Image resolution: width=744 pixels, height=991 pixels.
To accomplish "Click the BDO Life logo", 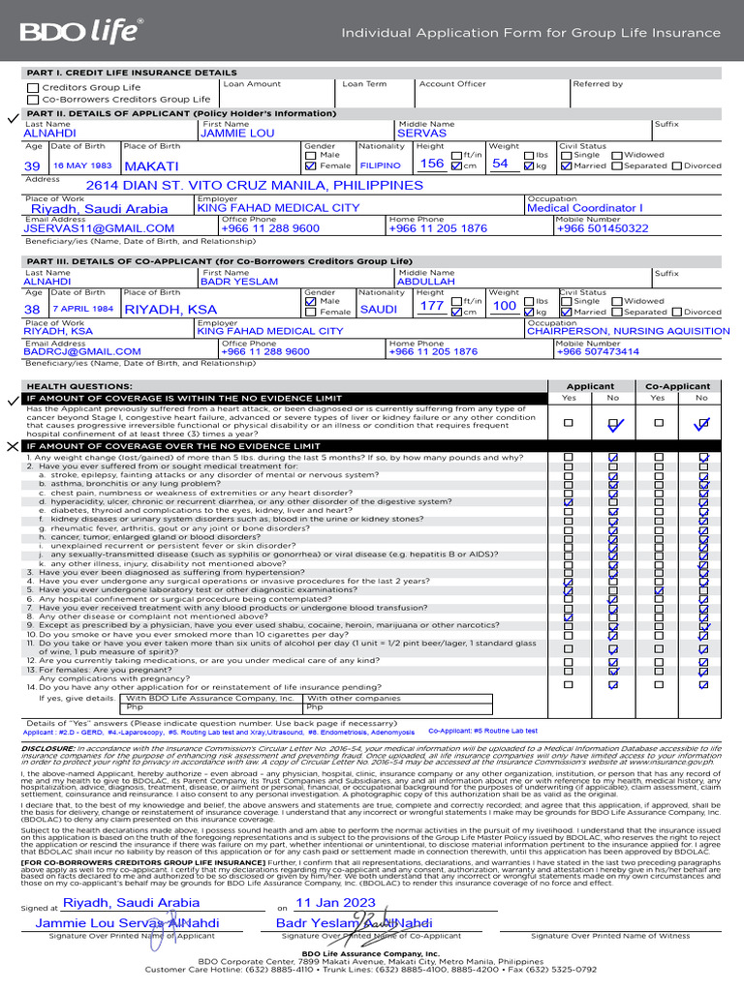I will pyautogui.click(x=82, y=33).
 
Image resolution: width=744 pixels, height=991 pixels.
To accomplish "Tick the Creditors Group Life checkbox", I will pyautogui.click(x=34, y=87).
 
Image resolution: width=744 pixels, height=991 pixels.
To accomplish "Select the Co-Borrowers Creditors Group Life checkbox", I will pyautogui.click(x=34, y=99).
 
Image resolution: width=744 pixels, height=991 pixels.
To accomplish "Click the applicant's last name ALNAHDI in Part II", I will pyautogui.click(x=49, y=134).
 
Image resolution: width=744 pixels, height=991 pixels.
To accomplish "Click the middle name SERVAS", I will pyautogui.click(x=421, y=134).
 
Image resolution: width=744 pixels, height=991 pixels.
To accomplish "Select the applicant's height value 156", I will pyautogui.click(x=431, y=165).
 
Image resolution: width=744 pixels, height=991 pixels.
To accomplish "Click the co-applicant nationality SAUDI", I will pyautogui.click(x=379, y=309).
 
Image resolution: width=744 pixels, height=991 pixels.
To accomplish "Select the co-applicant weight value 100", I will pyautogui.click(x=504, y=307).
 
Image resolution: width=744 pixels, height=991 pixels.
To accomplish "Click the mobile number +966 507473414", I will pyautogui.click(x=598, y=352).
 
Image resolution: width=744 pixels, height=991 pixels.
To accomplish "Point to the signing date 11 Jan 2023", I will pyautogui.click(x=334, y=902).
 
